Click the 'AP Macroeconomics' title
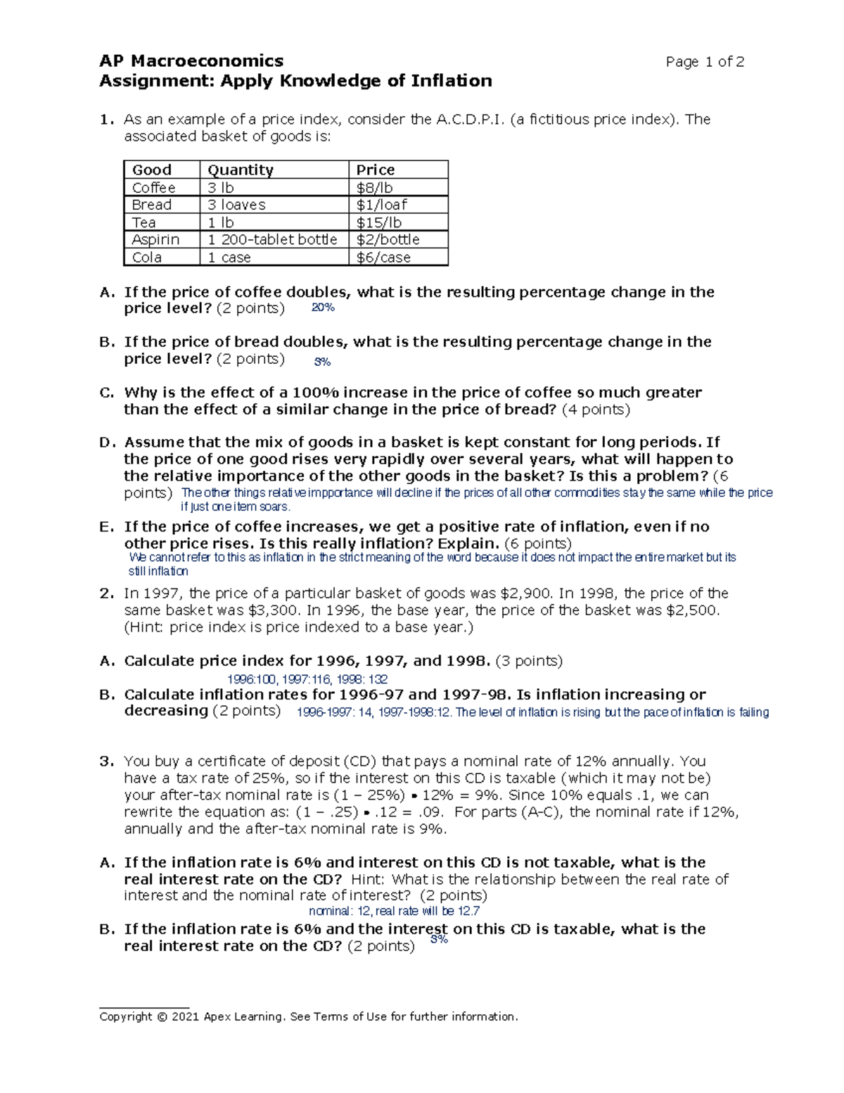coord(191,61)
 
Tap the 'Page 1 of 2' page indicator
coord(705,62)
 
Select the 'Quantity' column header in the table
coord(240,170)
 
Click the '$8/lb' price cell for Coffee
coord(374,187)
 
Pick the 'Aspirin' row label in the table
coord(155,239)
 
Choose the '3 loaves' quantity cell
coord(236,205)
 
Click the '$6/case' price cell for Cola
coord(383,258)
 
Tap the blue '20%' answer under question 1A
coord(323,308)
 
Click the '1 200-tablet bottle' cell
coord(272,239)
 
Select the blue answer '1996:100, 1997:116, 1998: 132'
coord(307,679)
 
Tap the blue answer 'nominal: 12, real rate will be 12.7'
coord(395,911)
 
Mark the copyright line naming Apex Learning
coord(308,1016)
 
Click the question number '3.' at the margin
coord(106,761)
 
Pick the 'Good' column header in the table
coord(152,170)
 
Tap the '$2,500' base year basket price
coord(691,610)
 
